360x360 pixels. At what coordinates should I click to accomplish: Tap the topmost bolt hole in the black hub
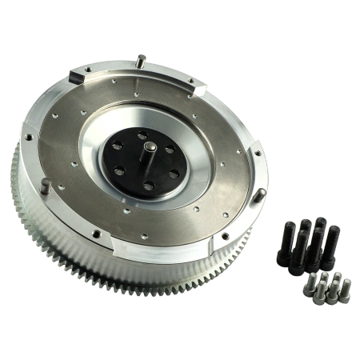(x=142, y=134)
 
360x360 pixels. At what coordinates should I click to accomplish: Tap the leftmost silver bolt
(x=310, y=290)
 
